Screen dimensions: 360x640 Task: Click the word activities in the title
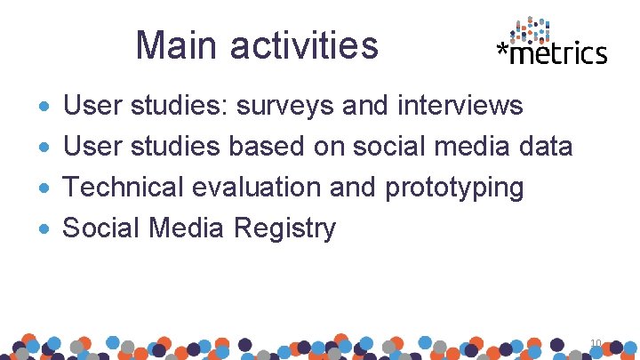(x=303, y=45)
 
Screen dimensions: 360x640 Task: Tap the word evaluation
(x=246, y=188)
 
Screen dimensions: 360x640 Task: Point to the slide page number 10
(x=596, y=342)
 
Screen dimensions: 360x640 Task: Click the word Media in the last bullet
(x=187, y=228)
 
